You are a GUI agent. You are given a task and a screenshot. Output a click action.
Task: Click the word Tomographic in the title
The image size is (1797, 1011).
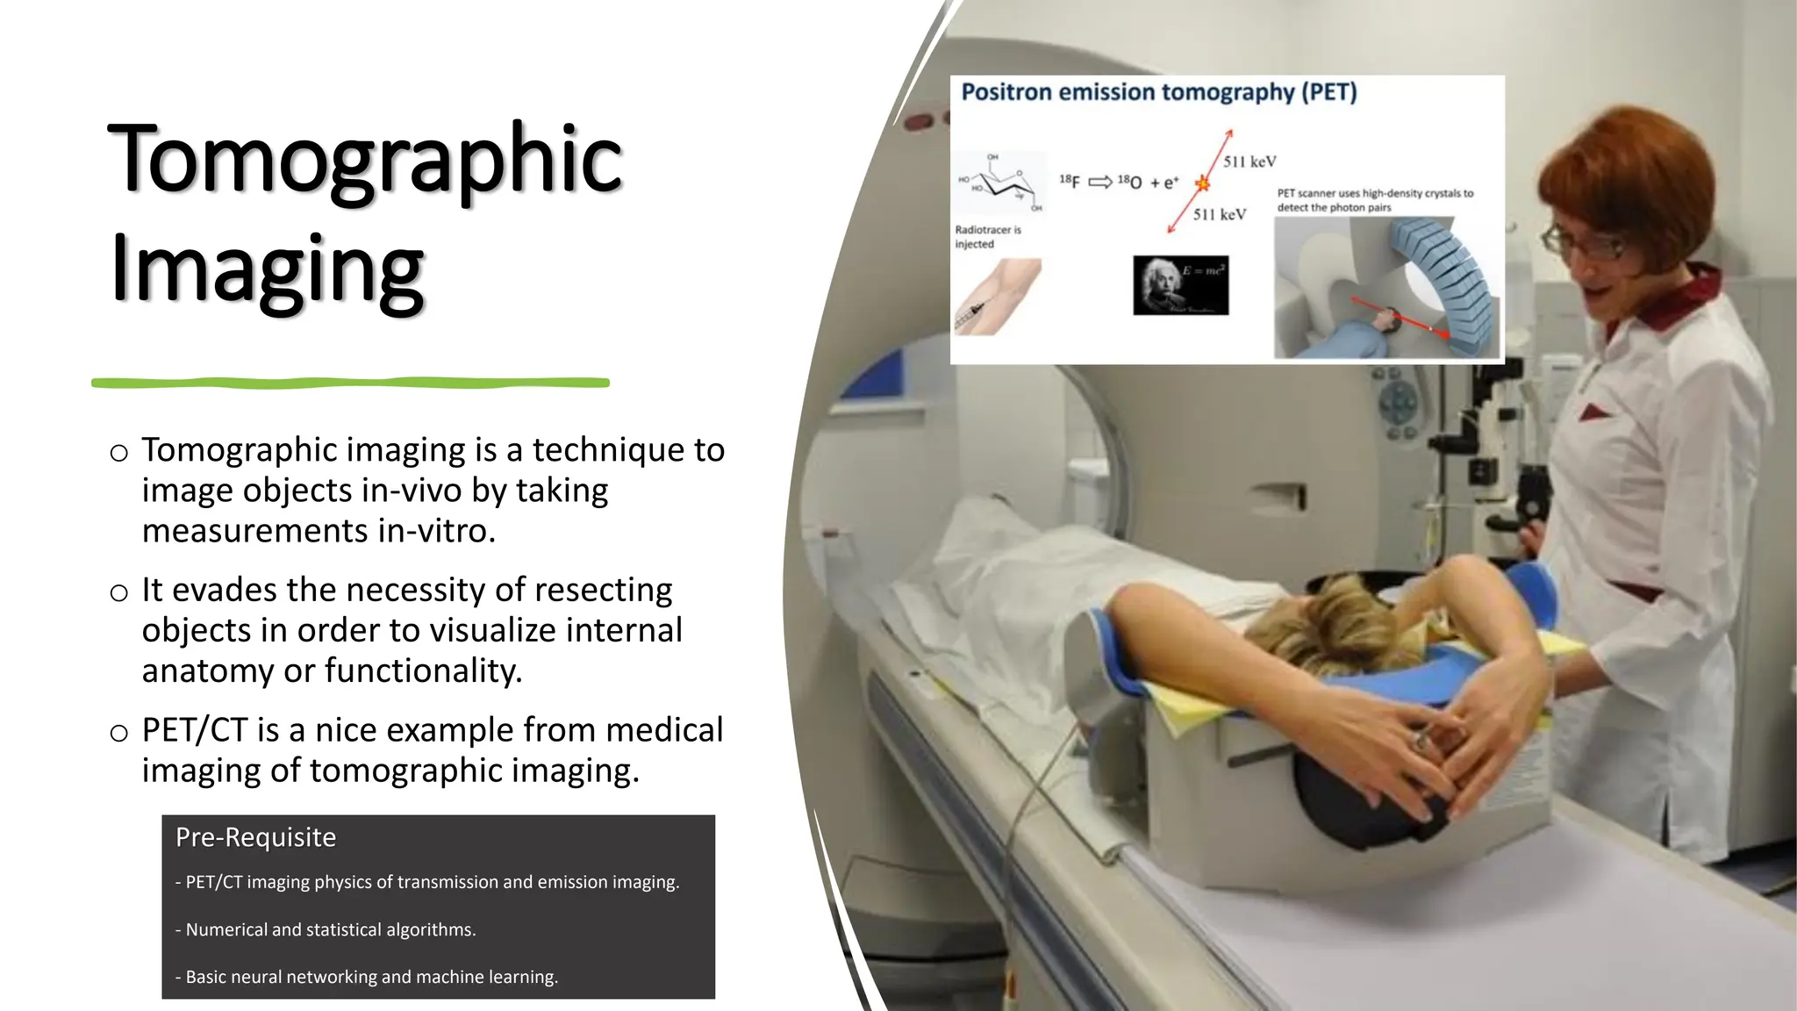[x=364, y=161]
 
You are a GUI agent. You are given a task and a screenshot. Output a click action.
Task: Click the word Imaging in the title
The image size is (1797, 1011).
[x=268, y=269]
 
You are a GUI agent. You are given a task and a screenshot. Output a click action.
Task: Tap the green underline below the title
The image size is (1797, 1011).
[x=351, y=383]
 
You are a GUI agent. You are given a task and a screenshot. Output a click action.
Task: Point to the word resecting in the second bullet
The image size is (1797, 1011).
[x=603, y=590]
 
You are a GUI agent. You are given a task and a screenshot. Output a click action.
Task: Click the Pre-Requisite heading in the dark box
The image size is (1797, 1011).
[x=255, y=837]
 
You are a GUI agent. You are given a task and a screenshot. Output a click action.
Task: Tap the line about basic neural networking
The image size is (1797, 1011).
[x=367, y=977]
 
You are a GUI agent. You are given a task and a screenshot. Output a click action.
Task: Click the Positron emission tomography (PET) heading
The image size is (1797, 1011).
[x=1158, y=92]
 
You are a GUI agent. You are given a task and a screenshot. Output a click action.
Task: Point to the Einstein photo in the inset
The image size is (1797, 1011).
[x=1180, y=285]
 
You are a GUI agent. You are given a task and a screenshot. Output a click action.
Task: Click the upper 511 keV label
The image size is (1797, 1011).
[x=1249, y=161]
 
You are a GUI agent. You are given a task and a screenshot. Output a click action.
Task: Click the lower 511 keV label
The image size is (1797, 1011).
[x=1219, y=214]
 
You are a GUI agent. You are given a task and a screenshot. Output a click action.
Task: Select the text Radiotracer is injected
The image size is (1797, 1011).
[x=987, y=237]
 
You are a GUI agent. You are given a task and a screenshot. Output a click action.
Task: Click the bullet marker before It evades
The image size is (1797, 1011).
[x=119, y=593]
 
